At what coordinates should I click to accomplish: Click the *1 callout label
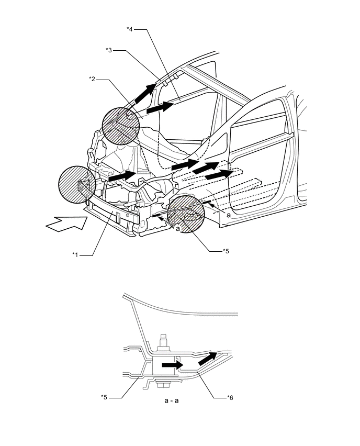pyautogui.click(x=76, y=255)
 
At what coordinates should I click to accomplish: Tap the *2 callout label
pyautogui.click(x=92, y=79)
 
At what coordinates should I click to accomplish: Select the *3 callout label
pyautogui.click(x=109, y=50)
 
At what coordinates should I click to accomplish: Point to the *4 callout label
pyautogui.click(x=130, y=29)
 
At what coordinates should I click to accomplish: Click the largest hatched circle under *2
pyautogui.click(x=123, y=126)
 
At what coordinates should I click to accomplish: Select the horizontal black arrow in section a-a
pyautogui.click(x=172, y=364)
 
